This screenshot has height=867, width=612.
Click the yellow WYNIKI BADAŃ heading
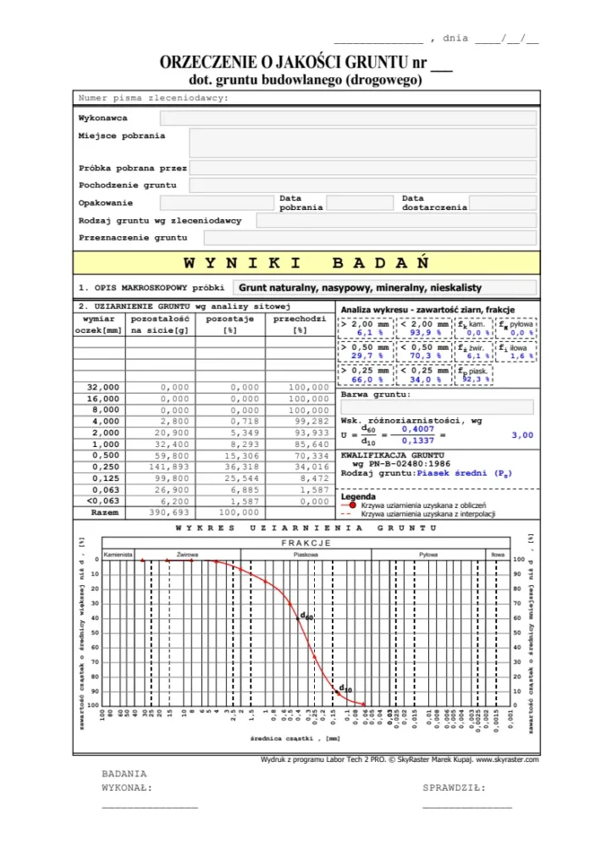coord(306,262)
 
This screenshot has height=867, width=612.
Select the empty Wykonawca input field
coord(348,119)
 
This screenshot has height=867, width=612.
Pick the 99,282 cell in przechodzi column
coord(300,421)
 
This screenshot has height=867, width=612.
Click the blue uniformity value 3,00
coord(522,435)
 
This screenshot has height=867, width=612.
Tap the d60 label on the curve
coord(306,617)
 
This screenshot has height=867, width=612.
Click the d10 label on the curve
coord(345,688)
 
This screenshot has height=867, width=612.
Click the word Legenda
coord(358,496)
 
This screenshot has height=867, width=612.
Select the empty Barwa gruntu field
coord(437,407)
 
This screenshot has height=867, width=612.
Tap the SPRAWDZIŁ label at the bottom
coord(454,788)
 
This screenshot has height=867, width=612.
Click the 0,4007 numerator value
coord(416,429)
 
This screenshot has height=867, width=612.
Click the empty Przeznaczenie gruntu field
coord(362,238)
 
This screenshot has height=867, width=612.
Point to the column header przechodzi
coord(300,319)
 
